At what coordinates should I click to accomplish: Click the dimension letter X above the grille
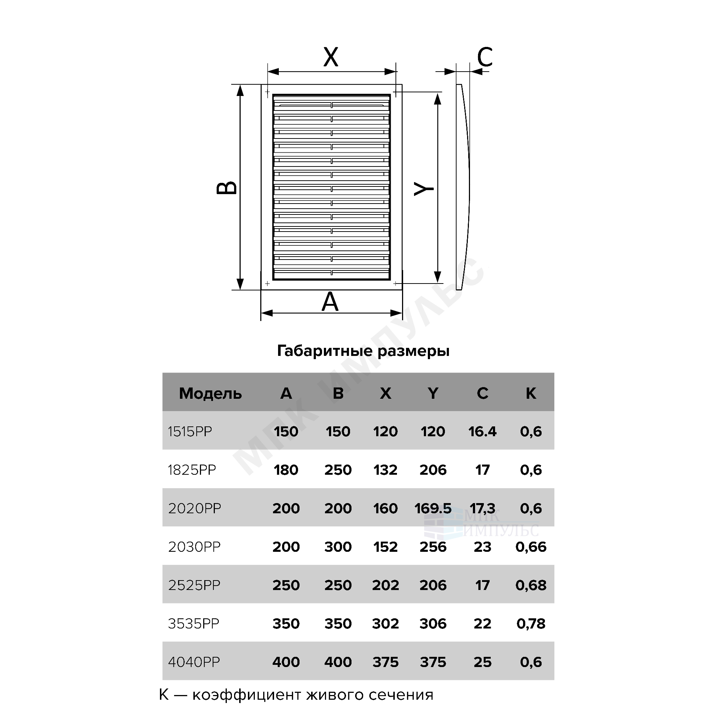[331, 57]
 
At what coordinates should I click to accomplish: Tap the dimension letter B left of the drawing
[227, 188]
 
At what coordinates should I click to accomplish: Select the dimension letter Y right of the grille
[424, 189]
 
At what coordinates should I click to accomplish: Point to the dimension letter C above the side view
[485, 57]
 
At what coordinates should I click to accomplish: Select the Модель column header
[210, 394]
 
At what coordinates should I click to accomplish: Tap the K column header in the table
[531, 393]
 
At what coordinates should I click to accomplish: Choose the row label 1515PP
[190, 431]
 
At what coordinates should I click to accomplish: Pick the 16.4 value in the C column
[482, 431]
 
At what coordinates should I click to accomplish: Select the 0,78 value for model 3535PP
[531, 623]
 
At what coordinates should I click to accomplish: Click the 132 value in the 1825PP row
[385, 470]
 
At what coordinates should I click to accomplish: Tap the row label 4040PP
[194, 662]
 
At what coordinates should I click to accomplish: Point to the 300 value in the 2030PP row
[338, 547]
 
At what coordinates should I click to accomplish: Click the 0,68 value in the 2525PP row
[531, 585]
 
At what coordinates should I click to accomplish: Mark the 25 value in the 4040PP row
[482, 662]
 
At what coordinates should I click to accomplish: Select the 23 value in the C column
[482, 547]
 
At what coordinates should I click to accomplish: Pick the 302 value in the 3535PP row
[385, 623]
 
